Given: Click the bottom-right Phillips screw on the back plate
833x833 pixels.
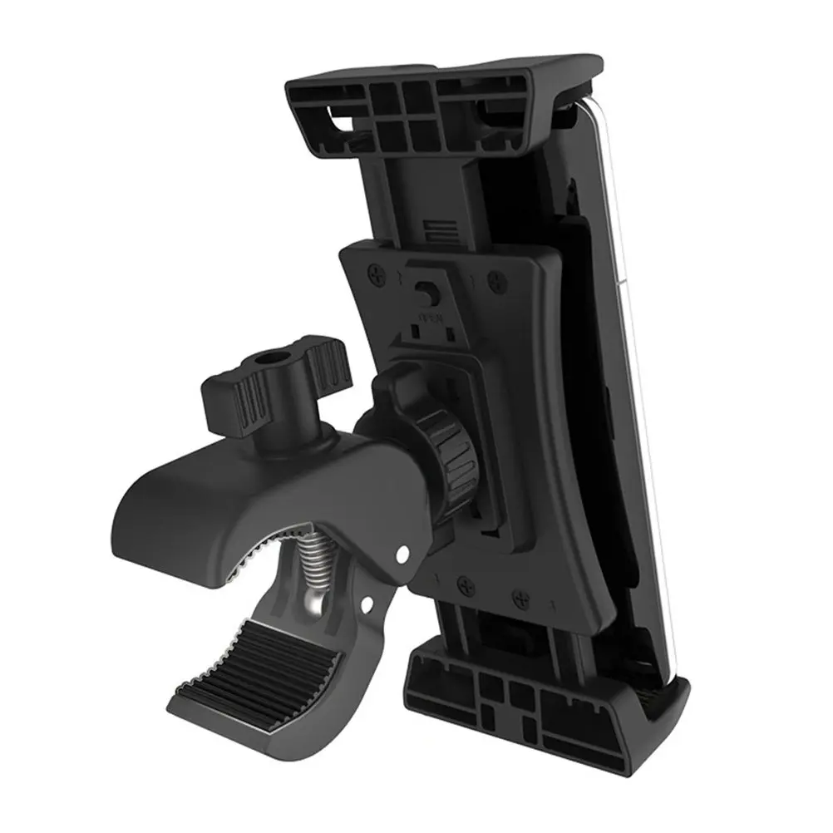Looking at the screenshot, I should click(520, 595).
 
